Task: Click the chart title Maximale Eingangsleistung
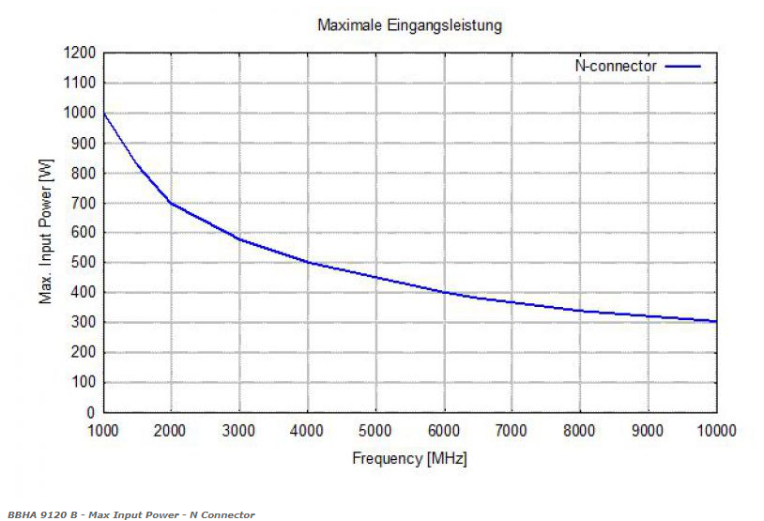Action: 409,25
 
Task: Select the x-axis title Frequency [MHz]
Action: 409,459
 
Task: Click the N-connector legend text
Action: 616,66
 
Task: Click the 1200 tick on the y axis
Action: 80,53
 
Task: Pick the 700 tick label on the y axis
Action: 84,203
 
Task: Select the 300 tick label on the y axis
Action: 84,322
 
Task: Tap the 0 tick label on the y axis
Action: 91,412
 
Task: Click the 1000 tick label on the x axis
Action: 103,430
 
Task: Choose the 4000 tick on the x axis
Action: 308,430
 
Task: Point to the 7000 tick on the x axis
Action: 512,430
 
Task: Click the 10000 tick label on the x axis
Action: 717,430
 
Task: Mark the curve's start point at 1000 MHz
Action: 104,114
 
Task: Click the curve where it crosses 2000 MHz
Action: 172,203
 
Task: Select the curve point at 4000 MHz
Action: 308,263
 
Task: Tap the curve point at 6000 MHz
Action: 444,292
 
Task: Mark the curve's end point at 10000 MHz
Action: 716,321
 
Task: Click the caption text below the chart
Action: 130,514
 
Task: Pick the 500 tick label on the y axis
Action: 84,263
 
